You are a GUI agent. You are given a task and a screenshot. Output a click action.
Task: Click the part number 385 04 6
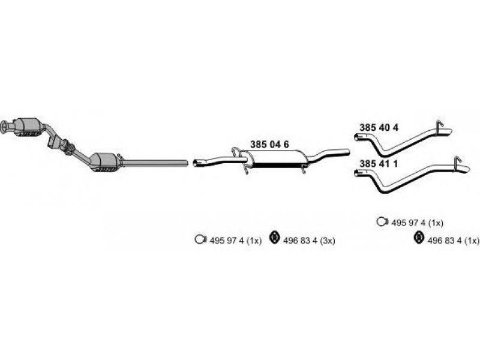tap(269, 144)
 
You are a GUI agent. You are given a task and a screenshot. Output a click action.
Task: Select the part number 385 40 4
tap(379, 127)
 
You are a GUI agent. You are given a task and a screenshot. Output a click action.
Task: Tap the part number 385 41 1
tap(379, 164)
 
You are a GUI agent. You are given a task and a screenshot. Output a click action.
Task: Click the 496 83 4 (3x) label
tap(309, 241)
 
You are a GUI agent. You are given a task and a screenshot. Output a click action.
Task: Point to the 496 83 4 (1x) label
tap(454, 241)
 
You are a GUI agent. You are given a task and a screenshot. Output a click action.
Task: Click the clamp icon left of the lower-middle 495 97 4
tap(200, 239)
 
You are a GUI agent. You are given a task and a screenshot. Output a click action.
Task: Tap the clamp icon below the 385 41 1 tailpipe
tap(382, 221)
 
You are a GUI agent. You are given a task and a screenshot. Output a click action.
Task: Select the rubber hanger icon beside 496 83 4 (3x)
tap(275, 238)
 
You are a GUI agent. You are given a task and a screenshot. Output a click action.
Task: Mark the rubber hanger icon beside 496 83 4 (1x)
tap(418, 238)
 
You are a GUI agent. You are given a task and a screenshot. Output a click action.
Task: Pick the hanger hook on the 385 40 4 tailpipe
tap(439, 125)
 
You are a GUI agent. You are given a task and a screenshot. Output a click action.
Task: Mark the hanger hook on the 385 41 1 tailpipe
tap(457, 161)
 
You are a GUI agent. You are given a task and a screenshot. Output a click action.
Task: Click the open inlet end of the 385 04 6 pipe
tap(196, 163)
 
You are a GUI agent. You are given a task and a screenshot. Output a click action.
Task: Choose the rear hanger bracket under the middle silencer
tap(303, 169)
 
